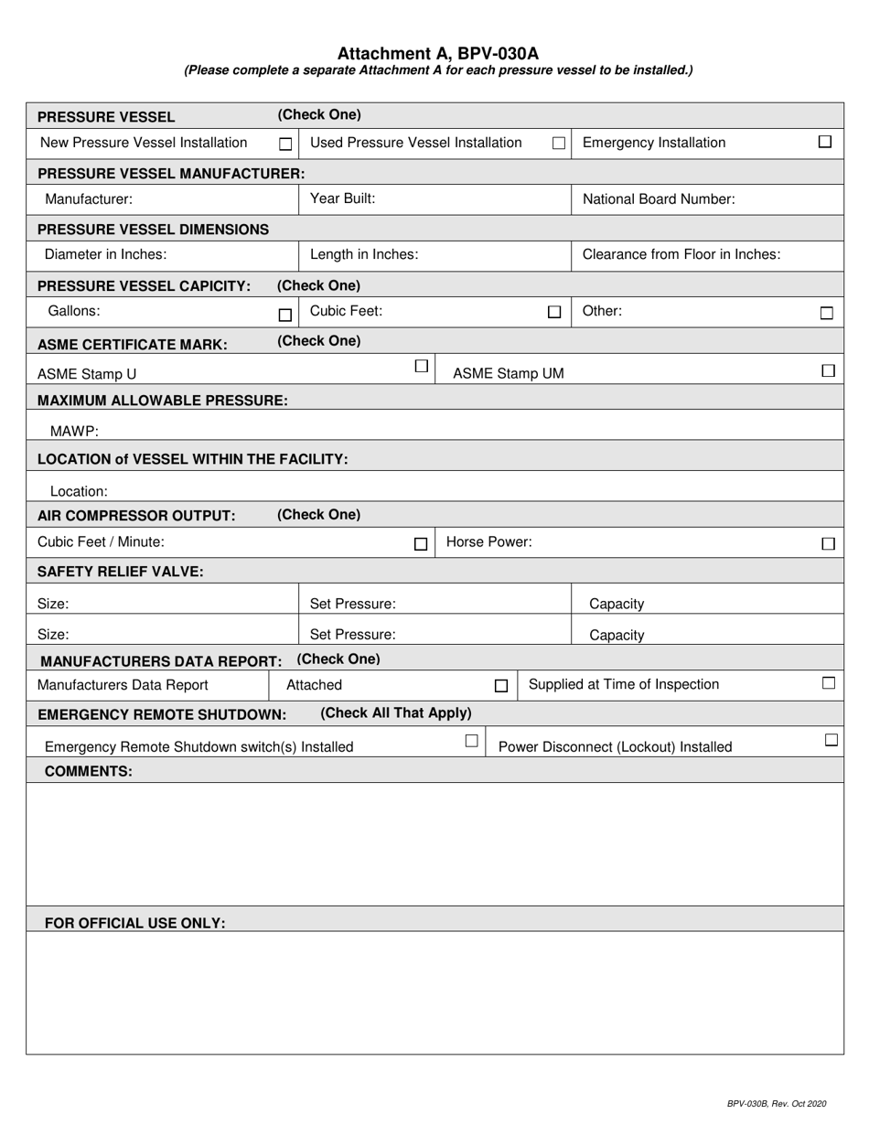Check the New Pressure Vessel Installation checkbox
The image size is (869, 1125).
tap(285, 145)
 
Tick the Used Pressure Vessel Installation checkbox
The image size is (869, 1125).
tap(558, 144)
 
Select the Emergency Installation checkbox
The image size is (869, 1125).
tap(824, 142)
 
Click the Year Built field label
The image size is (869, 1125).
tap(342, 198)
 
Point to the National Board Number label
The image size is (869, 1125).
tap(658, 198)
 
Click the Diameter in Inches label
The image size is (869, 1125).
tap(105, 254)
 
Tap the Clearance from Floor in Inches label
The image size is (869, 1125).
tap(681, 254)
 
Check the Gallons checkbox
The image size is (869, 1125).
tap(285, 315)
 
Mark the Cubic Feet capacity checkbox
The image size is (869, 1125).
tap(553, 312)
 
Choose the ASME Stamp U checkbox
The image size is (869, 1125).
tap(421, 366)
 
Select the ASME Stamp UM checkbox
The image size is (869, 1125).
tap(828, 370)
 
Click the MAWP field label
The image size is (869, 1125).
tap(74, 431)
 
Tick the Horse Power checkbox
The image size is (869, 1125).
tap(828, 543)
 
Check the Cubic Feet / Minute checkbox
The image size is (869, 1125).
tap(420, 543)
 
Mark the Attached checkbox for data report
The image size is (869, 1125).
tap(500, 686)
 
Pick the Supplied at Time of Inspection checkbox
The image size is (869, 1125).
tap(828, 682)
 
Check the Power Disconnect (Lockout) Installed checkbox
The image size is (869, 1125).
tap(831, 740)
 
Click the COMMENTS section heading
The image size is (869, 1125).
tap(88, 771)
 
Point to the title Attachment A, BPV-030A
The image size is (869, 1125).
tap(437, 54)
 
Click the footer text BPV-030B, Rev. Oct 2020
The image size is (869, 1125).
tap(776, 1104)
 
